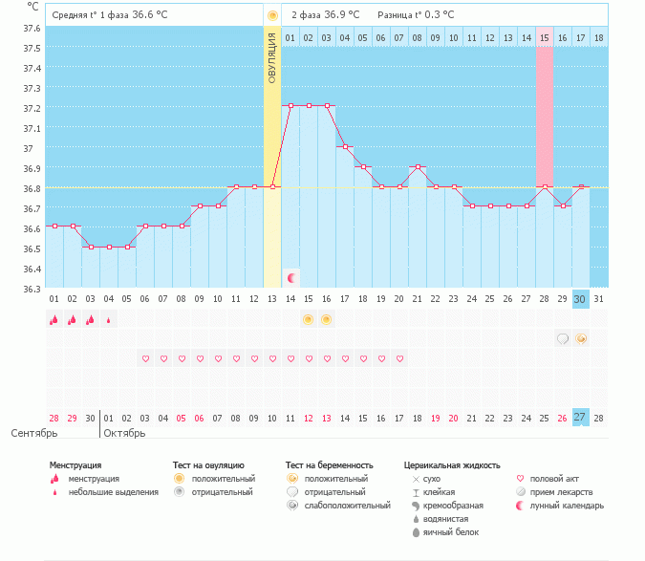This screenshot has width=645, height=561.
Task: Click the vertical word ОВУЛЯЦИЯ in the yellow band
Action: click(x=272, y=56)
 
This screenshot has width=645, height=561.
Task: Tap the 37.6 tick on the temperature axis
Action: click(x=32, y=28)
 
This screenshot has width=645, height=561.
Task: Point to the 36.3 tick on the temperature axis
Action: click(x=32, y=289)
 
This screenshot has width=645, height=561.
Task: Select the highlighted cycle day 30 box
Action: click(x=580, y=299)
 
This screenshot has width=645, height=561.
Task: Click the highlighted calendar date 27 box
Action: click(x=580, y=418)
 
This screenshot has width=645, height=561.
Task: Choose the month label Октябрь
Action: click(x=124, y=433)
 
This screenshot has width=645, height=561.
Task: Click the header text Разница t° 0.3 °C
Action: click(x=416, y=15)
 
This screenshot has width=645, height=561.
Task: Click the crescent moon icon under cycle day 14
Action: click(x=290, y=278)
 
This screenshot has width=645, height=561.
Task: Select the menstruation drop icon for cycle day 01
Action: click(x=54, y=320)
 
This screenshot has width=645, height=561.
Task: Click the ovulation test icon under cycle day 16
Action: click(x=326, y=319)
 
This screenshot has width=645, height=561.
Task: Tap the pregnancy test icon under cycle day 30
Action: click(x=580, y=338)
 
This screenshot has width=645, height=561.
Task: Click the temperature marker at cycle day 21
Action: click(x=417, y=167)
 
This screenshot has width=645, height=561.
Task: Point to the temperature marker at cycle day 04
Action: click(x=109, y=247)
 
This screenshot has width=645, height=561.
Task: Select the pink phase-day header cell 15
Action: click(x=545, y=37)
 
